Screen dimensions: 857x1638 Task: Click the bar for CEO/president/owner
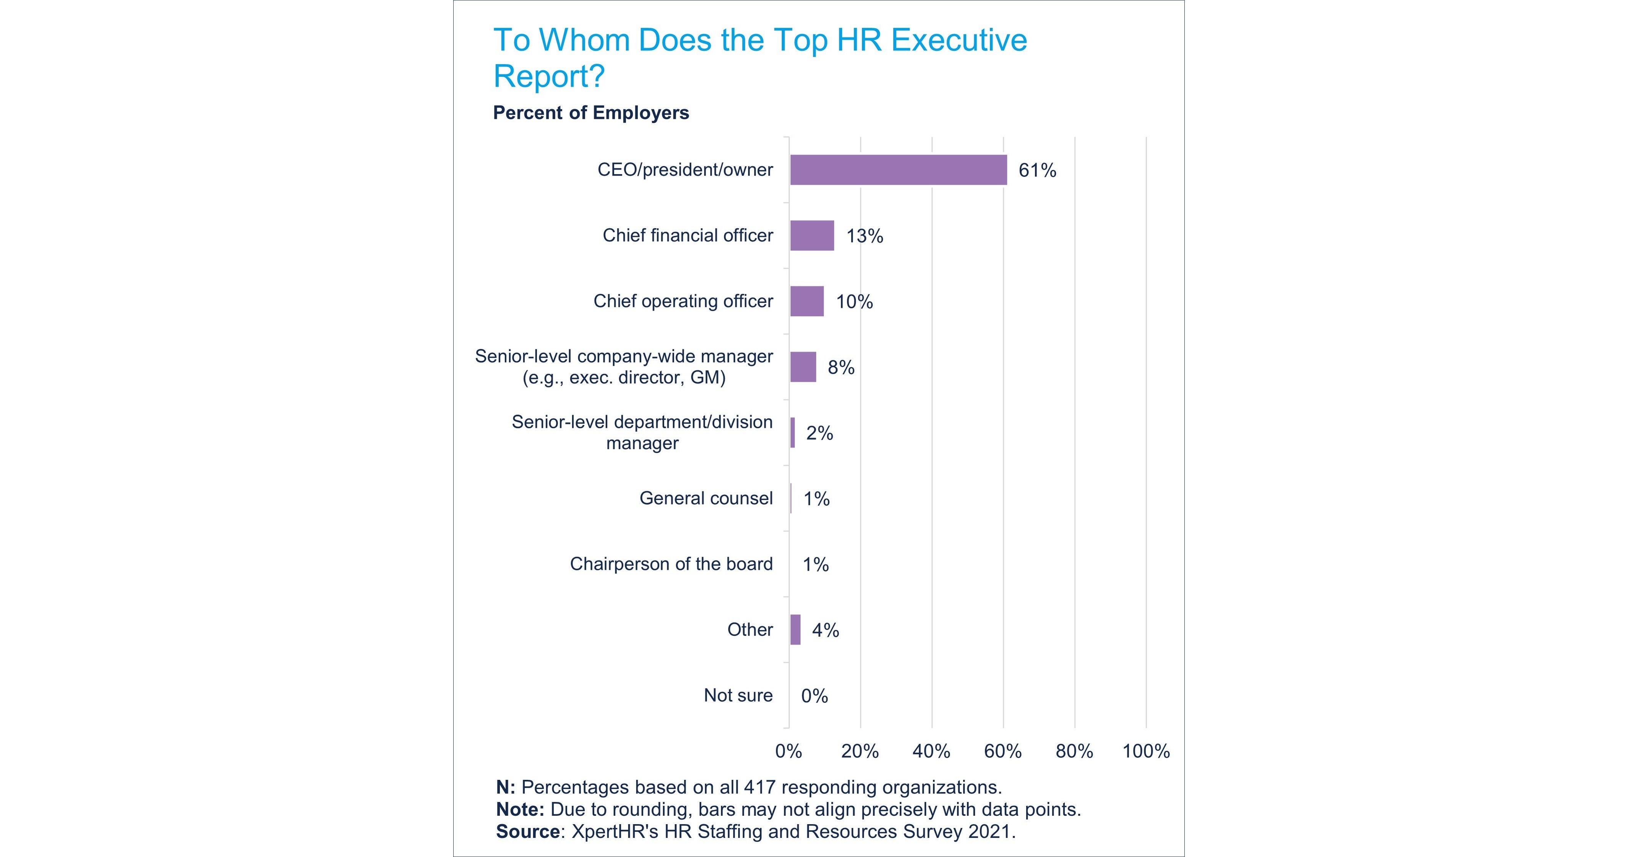click(x=898, y=170)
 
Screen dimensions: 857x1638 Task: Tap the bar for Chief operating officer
click(x=807, y=301)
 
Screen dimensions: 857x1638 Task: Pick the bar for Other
click(x=795, y=629)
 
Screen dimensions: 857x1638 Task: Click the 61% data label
click(x=1037, y=170)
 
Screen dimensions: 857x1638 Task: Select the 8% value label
click(x=841, y=368)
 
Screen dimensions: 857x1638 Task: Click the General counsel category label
click(x=706, y=499)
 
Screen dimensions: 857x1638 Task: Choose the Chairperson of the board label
click(x=671, y=564)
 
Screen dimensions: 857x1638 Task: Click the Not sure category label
click(x=738, y=695)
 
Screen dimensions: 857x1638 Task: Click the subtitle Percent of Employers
click(x=591, y=113)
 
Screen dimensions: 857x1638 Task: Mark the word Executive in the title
click(x=959, y=40)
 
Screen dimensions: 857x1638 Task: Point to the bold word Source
click(x=527, y=831)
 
